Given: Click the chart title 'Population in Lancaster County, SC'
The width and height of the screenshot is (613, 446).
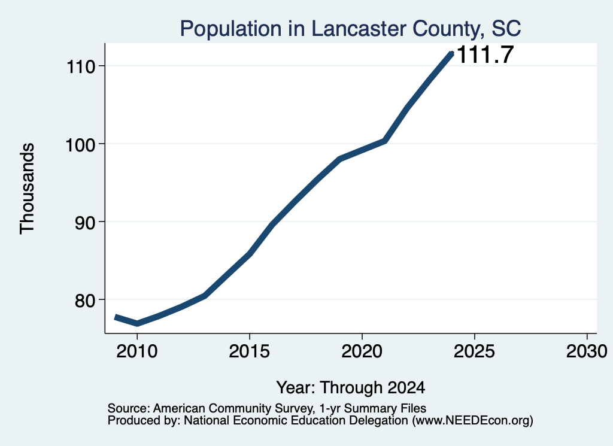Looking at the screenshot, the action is click(x=350, y=29).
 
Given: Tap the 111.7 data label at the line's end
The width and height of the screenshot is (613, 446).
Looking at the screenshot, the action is click(x=485, y=54).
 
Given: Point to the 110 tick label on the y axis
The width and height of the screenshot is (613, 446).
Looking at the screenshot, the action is click(x=81, y=67).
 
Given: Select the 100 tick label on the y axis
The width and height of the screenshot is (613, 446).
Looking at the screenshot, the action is click(x=81, y=145).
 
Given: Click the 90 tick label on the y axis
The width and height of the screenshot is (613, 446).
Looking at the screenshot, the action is click(x=85, y=223).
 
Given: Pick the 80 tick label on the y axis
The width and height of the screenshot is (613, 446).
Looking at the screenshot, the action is click(x=85, y=301).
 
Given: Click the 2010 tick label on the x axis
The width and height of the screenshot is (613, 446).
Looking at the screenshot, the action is click(x=137, y=351).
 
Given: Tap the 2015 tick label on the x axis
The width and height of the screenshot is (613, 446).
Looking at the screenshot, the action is click(x=250, y=351).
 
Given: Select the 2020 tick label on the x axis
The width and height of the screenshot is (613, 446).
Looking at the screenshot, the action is click(x=362, y=351).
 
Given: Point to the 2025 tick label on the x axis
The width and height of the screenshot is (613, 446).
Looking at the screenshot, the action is click(x=474, y=351).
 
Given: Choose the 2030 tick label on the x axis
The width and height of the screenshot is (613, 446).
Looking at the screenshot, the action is click(x=587, y=351).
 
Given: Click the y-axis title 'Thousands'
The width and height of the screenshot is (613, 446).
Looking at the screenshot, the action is click(x=28, y=189).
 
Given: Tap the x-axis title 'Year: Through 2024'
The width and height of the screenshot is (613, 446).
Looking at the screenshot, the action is click(x=351, y=387).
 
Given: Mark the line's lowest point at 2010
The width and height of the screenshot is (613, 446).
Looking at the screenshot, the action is click(x=137, y=323).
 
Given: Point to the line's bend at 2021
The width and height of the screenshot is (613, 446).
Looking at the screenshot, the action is click(x=385, y=141).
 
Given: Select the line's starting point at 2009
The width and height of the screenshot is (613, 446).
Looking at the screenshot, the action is click(x=116, y=317).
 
